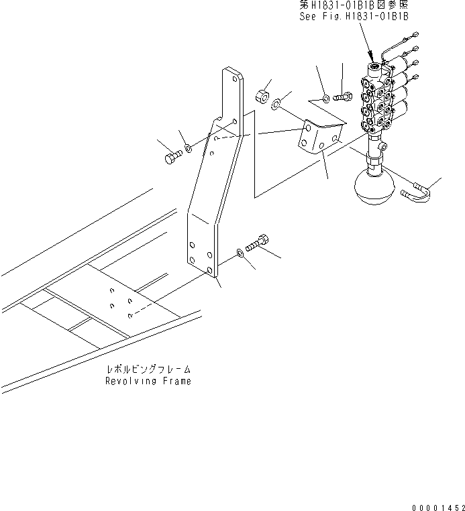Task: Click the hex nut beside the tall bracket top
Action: [263, 93]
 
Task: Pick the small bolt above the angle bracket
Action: [342, 99]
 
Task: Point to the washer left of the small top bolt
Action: [325, 99]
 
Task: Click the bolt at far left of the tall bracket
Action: [170, 157]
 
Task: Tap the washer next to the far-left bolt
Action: [189, 148]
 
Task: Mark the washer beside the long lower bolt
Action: [240, 253]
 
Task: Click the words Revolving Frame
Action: [148, 381]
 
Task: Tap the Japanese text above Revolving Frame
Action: [149, 370]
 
